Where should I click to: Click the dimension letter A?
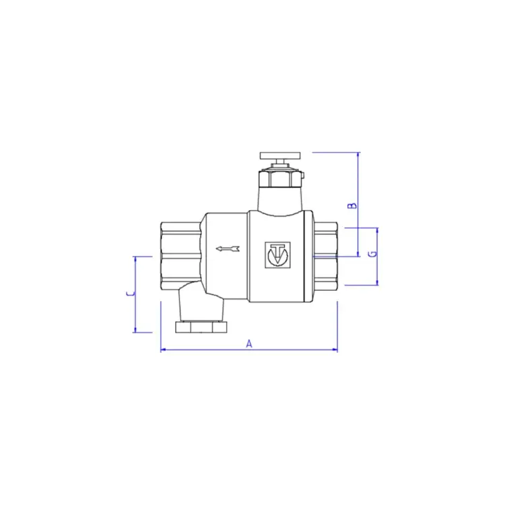(x=248, y=344)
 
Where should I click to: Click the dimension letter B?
(x=351, y=205)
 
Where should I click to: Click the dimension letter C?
(x=129, y=294)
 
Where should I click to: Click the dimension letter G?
(x=371, y=255)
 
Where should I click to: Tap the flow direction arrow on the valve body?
(x=227, y=250)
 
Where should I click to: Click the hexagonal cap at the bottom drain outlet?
(x=202, y=328)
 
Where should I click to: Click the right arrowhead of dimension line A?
(x=335, y=350)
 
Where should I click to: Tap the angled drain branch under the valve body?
(x=199, y=303)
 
